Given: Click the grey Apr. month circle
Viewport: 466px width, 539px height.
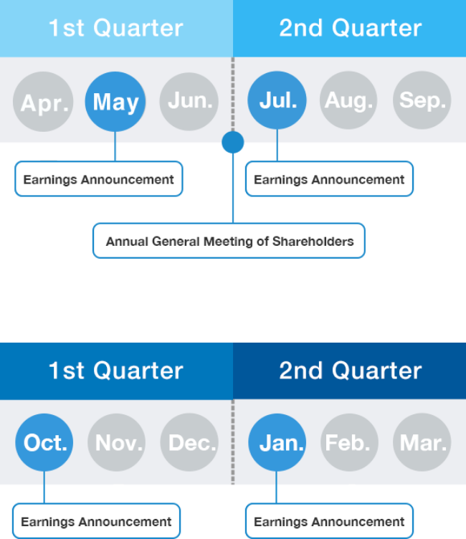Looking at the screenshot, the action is click(x=43, y=102).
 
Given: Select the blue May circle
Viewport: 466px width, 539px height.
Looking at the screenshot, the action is click(x=115, y=102).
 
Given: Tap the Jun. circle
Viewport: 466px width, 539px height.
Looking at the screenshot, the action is click(x=189, y=101).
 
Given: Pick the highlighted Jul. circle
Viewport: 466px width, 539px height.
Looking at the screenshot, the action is click(x=277, y=100).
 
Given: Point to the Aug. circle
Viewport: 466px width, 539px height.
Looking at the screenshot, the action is click(x=348, y=100).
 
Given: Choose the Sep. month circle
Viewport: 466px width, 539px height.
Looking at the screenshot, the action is click(x=422, y=100).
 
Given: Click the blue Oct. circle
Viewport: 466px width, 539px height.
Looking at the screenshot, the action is click(x=44, y=442).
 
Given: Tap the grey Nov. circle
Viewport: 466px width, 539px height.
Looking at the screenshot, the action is click(x=117, y=442).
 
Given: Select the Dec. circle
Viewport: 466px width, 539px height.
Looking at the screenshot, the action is click(x=189, y=442).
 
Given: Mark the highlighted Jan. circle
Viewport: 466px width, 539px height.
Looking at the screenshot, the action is click(x=277, y=442).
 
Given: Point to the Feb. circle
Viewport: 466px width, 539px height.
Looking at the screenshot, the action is click(x=349, y=442).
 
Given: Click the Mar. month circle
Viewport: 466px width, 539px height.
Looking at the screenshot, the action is click(x=422, y=442).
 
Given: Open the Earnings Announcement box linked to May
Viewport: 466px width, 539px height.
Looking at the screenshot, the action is click(x=99, y=178).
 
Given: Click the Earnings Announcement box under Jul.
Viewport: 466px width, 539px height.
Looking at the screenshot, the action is click(x=330, y=178).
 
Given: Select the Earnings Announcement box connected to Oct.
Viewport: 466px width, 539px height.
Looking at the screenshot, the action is click(x=96, y=521).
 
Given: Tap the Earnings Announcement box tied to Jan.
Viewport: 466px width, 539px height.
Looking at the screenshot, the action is click(x=330, y=521).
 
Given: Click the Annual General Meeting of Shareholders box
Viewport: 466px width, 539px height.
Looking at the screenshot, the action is click(x=229, y=241).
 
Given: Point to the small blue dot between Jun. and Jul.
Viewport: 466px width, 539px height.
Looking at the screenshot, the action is click(x=233, y=142).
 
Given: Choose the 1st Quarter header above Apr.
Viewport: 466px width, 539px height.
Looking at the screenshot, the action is click(x=116, y=29).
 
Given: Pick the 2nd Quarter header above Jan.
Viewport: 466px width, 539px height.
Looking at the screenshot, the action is click(x=349, y=371).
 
